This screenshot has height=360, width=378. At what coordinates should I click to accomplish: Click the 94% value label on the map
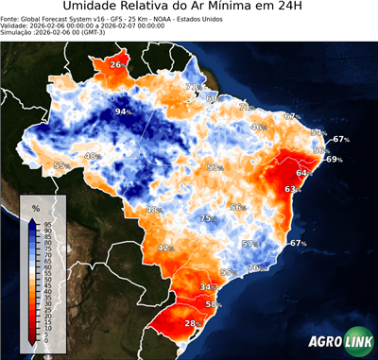(122, 111)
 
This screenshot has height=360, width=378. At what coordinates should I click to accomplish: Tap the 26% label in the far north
(117, 64)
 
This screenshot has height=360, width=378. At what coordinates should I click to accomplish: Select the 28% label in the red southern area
(192, 323)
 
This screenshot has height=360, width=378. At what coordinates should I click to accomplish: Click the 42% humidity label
(165, 248)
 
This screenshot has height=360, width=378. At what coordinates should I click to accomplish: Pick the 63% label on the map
(291, 190)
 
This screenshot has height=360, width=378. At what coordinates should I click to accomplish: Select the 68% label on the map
(212, 97)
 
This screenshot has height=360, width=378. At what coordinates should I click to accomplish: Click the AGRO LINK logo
(340, 341)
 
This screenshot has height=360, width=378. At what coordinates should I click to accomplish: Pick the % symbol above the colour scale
(35, 207)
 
